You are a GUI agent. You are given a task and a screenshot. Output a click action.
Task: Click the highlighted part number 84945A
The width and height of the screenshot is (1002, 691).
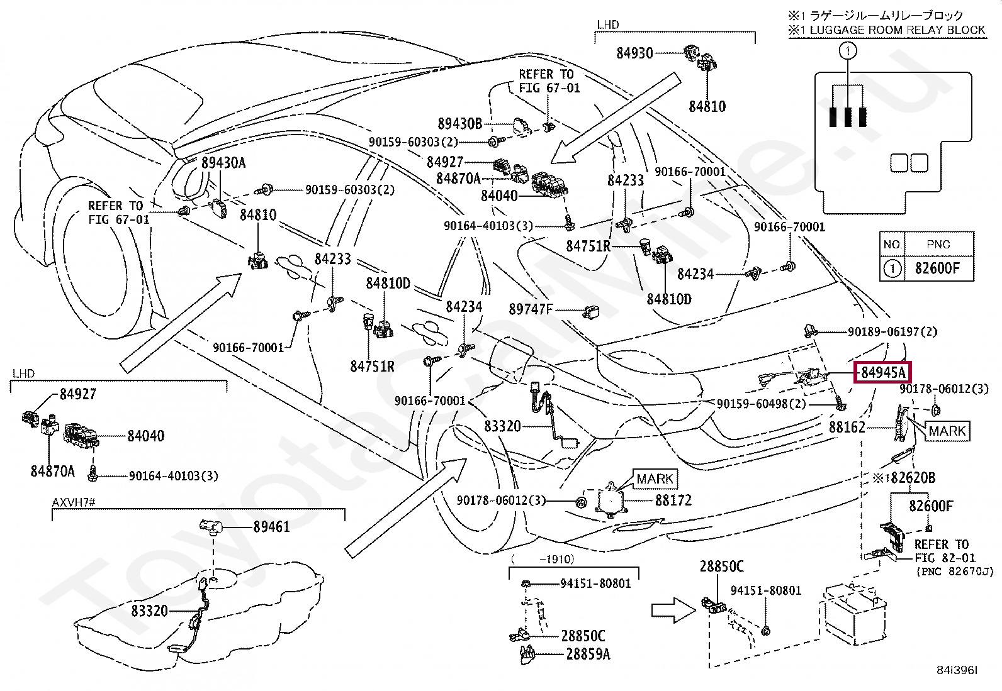coord(883,372)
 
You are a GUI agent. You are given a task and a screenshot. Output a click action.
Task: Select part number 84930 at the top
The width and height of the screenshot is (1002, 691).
coord(634,53)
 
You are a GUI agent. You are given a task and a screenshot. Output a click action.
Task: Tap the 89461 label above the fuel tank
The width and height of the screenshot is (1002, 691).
coord(271,526)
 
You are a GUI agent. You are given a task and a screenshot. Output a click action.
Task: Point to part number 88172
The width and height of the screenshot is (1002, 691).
coord(673,500)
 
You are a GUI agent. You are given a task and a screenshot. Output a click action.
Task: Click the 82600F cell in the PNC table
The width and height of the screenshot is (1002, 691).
coord(937,268)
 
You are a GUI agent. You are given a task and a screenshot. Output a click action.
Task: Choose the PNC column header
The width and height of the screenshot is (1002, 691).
coord(938,245)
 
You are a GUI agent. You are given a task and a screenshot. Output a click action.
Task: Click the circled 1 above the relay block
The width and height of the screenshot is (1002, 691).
coord(848,50)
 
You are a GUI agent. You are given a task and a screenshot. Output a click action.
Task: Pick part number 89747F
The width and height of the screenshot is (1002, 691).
coord(530,309)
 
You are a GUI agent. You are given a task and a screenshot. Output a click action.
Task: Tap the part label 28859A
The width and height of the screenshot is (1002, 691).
coord(588,655)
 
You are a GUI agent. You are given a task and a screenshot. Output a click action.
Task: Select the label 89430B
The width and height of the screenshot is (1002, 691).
coord(459,124)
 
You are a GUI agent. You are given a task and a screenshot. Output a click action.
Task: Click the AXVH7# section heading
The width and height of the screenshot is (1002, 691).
coord(74,503)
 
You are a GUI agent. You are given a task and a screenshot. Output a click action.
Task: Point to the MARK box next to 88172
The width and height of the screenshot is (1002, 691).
coord(655,479)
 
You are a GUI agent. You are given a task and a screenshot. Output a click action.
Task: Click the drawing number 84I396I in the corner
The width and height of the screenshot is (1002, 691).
coord(956,670)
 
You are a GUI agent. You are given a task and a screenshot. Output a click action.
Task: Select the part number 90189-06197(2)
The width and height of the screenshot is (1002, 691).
coord(892,331)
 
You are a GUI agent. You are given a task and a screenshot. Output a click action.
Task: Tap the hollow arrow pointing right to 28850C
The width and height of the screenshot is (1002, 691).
coord(670,609)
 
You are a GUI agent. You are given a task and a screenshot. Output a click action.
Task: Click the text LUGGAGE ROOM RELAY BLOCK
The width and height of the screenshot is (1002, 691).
coord(897,30)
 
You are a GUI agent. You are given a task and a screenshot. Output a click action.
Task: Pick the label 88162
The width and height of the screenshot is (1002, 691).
coord(847,428)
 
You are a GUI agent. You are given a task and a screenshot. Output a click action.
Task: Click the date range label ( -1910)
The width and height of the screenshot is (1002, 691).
coord(543,558)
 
